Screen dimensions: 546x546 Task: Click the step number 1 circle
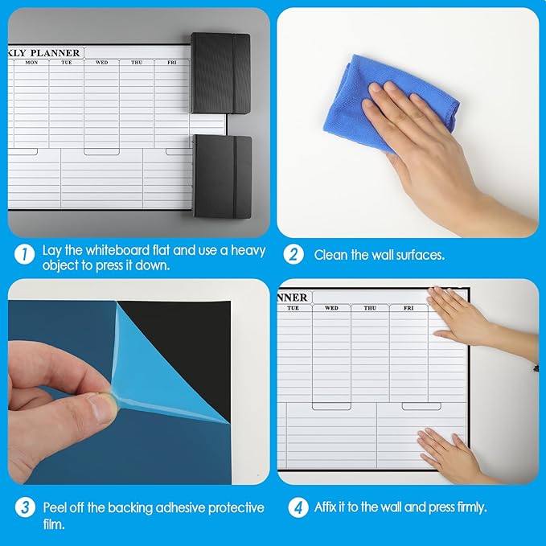pyautogui.click(x=24, y=254)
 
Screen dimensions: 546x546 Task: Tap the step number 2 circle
pyautogui.click(x=294, y=254)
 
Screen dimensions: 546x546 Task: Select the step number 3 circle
pyautogui.click(x=25, y=507)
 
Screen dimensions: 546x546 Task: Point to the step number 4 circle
pyautogui.click(x=298, y=507)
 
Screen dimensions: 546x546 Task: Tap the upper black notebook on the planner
pyautogui.click(x=221, y=73)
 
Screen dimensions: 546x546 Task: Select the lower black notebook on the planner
pyautogui.click(x=222, y=177)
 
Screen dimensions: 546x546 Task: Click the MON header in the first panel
pyautogui.click(x=31, y=63)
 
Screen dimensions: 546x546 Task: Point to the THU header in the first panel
pyautogui.click(x=137, y=63)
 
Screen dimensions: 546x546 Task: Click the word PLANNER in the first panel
pyautogui.click(x=55, y=53)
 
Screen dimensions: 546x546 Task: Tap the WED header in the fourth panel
pyautogui.click(x=331, y=308)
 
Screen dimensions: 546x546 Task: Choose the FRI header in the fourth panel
pyautogui.click(x=408, y=308)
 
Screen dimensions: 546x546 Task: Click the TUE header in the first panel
pyautogui.click(x=67, y=63)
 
